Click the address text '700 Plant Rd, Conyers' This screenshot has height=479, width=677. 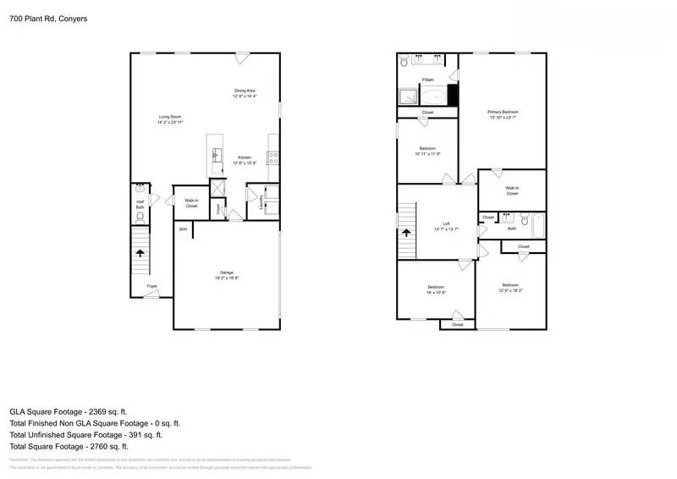(x=47, y=18)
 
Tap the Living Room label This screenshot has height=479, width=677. (x=169, y=118)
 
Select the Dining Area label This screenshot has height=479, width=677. (x=245, y=91)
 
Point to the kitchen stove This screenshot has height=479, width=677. (x=272, y=156)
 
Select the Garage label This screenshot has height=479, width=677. (x=227, y=272)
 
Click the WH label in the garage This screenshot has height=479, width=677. (x=181, y=229)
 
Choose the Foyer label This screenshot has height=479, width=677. (x=151, y=287)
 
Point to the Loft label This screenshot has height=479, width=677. (x=446, y=224)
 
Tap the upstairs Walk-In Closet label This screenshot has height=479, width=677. (x=512, y=190)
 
